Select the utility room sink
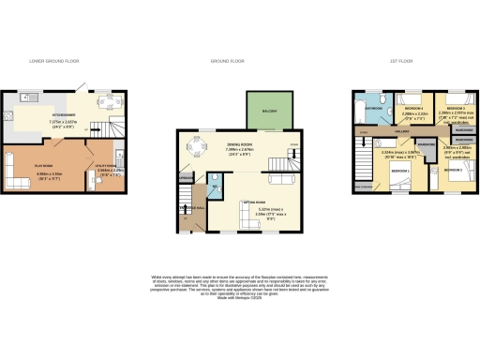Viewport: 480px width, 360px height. (x=123, y=156)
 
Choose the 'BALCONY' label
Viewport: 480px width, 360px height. (x=259, y=110)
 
